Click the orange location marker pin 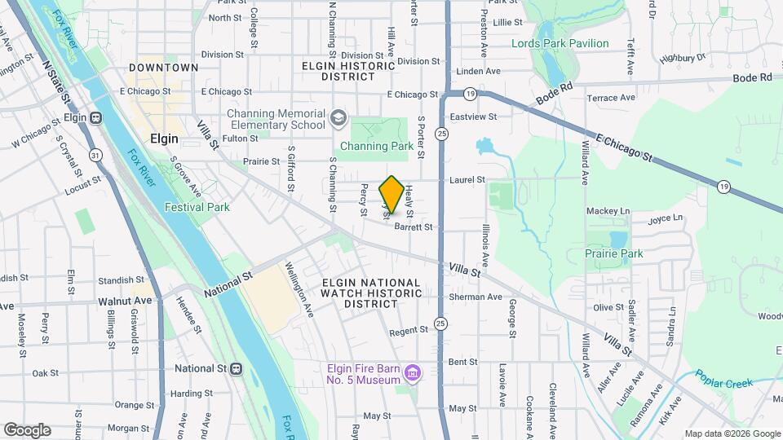(391, 195)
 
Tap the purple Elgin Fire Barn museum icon (414, 373)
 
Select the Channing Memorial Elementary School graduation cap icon (338, 120)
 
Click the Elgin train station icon (96, 117)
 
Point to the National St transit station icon (236, 368)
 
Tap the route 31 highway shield (96, 155)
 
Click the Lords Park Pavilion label (560, 43)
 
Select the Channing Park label (377, 147)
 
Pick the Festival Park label (197, 207)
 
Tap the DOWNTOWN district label (163, 68)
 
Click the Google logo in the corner (27, 430)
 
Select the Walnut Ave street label (125, 301)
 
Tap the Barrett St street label (413, 228)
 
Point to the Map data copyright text (732, 433)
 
